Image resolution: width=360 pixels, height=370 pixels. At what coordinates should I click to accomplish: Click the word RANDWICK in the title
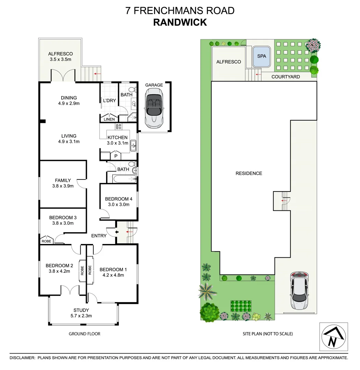click(x=180, y=22)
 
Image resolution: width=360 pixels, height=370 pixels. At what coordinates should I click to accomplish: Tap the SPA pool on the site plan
click(x=261, y=56)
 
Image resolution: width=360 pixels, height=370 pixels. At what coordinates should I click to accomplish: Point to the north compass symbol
click(x=333, y=337)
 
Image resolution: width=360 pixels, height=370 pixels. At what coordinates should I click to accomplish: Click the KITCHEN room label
click(x=117, y=137)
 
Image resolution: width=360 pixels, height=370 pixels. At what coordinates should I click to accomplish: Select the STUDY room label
click(x=81, y=310)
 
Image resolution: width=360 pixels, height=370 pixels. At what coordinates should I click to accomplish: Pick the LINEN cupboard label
click(x=109, y=119)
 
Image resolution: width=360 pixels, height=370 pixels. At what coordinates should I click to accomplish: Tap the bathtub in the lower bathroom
click(x=121, y=178)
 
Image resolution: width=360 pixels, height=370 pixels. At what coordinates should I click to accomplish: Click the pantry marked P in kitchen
click(x=116, y=156)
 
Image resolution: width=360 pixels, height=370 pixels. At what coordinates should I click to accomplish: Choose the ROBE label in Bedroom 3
click(x=46, y=241)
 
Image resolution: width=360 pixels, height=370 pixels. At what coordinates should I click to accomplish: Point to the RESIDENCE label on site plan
click(x=249, y=173)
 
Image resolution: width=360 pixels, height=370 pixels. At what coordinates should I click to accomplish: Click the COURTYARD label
click(x=285, y=77)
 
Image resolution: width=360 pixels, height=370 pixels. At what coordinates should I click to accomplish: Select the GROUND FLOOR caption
click(x=85, y=334)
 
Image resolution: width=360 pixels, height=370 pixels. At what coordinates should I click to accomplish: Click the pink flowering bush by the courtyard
click(x=313, y=45)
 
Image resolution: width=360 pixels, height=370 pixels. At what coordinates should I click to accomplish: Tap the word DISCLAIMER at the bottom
click(x=22, y=358)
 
